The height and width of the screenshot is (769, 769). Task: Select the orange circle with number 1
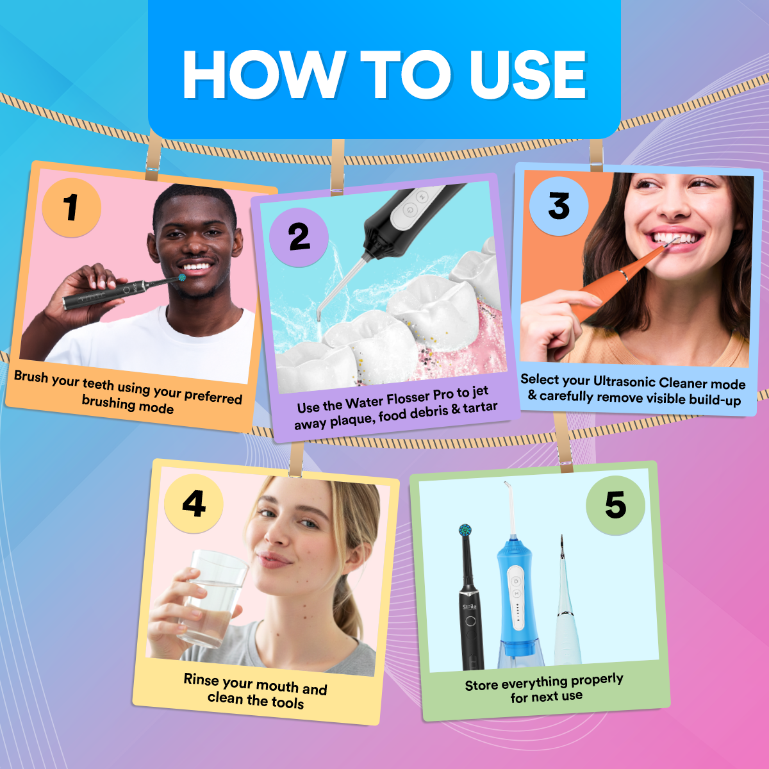click(71, 208)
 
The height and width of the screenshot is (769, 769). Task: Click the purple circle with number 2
click(299, 237)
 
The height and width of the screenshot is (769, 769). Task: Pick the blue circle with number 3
click(559, 206)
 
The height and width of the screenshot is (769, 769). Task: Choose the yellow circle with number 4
click(194, 504)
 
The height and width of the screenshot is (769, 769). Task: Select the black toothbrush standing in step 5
click(470, 609)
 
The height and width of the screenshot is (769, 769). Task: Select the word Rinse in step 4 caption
click(201, 679)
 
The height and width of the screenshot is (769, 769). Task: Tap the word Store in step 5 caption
click(481, 686)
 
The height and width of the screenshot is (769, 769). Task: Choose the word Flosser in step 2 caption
click(408, 399)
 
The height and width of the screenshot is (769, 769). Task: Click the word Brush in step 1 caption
click(31, 376)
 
